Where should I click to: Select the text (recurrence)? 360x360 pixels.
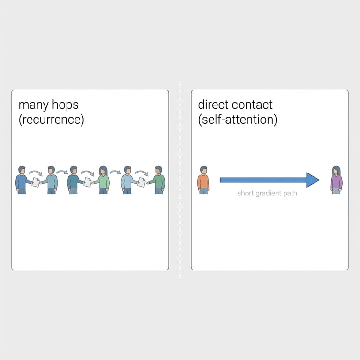(51, 120)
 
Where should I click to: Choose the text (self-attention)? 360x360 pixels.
(237, 120)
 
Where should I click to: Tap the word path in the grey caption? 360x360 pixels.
(290, 193)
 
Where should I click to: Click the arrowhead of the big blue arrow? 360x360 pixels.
(312, 180)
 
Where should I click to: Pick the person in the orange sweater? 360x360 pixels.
(203, 180)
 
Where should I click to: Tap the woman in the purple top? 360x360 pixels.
(336, 180)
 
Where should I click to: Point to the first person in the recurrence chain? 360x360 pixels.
(21, 180)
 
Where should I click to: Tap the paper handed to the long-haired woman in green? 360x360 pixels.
(87, 182)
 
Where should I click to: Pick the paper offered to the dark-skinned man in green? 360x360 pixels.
(141, 182)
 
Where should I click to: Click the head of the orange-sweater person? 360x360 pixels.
(203, 170)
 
